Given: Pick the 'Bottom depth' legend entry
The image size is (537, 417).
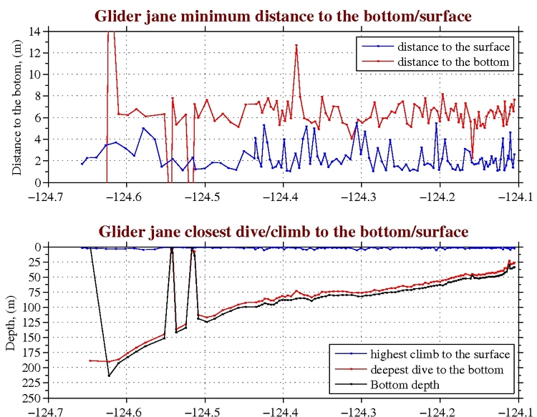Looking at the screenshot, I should [405, 385].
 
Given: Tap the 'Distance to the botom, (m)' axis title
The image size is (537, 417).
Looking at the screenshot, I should [16, 107].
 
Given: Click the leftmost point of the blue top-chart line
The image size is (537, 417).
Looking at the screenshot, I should [82, 164].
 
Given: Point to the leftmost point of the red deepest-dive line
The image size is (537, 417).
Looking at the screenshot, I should [89, 360].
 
